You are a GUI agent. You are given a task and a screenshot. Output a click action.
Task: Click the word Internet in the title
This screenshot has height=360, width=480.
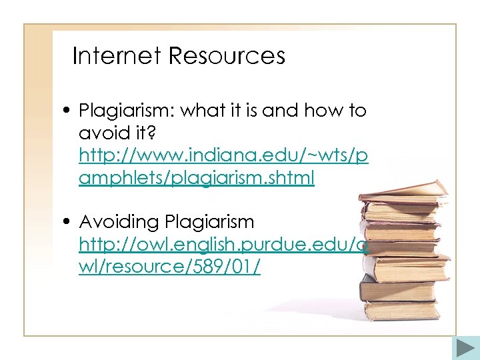coord(117,56)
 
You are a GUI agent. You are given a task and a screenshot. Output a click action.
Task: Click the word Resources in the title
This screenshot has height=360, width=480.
coord(227,56)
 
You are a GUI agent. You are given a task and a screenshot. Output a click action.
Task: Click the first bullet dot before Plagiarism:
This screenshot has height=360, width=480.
coord(69,111)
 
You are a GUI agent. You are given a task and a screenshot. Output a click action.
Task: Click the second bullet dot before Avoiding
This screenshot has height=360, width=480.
coord(69,222)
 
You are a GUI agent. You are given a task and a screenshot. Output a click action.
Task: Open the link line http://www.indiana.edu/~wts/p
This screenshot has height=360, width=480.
coord(223,156)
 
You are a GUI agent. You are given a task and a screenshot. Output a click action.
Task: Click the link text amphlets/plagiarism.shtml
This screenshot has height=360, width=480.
coord(197,179)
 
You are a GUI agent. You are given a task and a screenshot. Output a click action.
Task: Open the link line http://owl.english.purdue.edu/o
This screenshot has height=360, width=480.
coord(223,244)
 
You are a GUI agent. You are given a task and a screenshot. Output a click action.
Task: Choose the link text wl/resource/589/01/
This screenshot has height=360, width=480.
coord(169,267)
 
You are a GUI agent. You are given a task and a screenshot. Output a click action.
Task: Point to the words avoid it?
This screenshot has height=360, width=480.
coord(117,133)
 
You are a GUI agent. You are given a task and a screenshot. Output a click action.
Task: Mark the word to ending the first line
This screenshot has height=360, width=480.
coord(357,111)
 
